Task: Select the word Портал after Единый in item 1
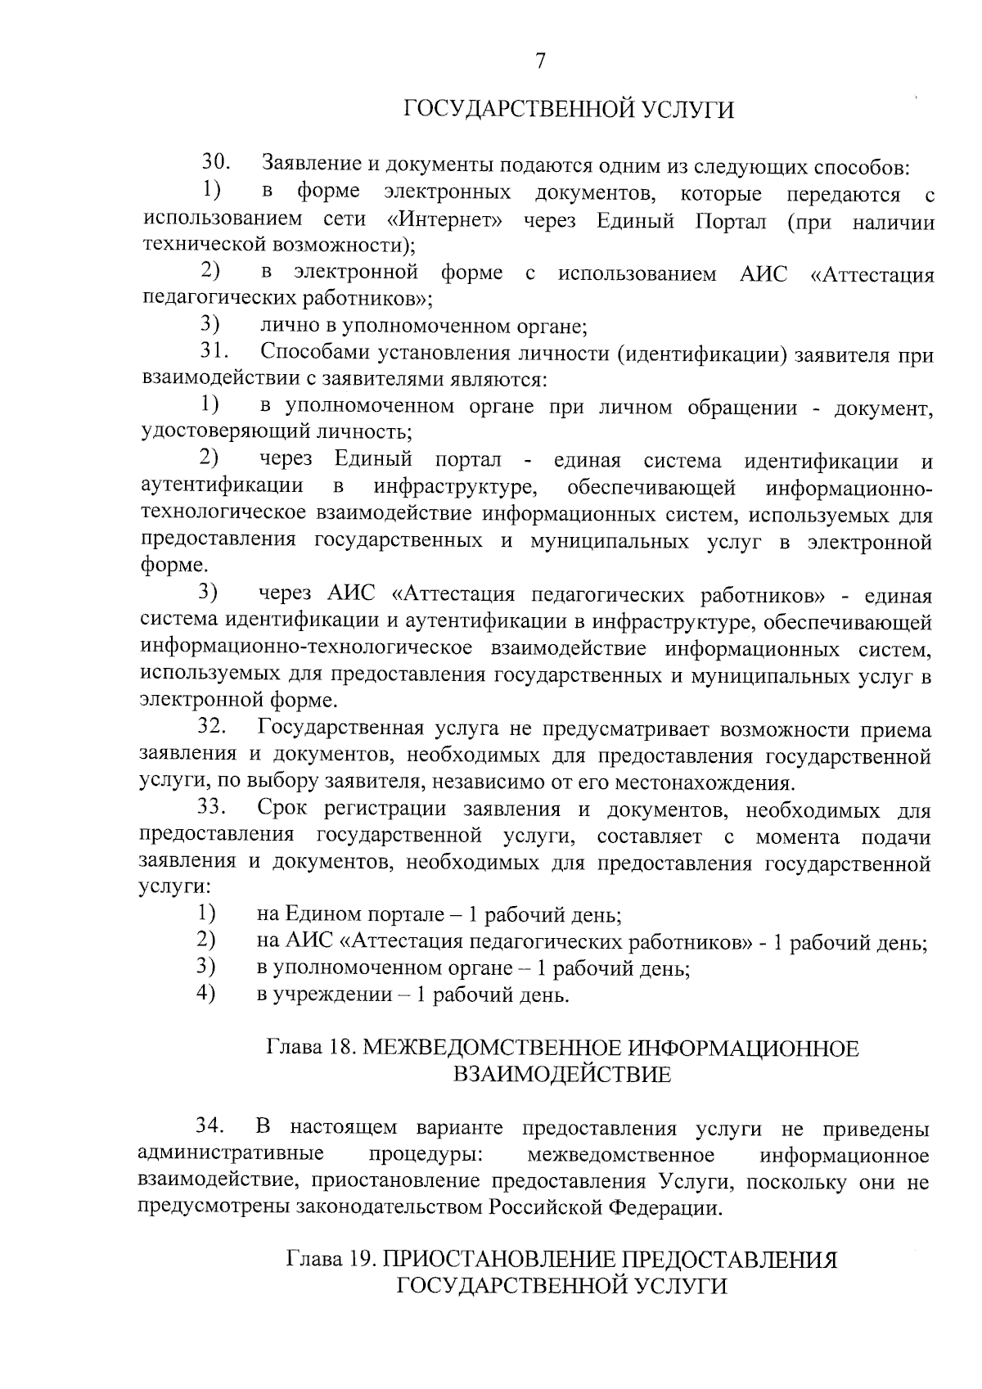[x=730, y=220]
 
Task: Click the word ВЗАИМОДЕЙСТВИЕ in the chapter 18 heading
[x=561, y=1074]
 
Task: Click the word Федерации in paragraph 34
[x=674, y=1207]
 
